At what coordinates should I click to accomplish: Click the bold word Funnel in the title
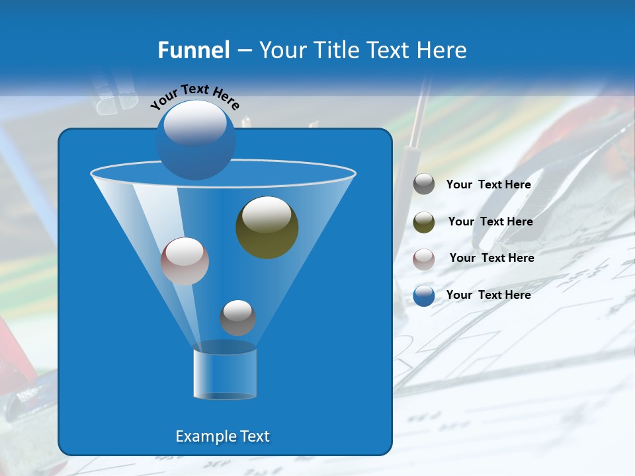coord(193,50)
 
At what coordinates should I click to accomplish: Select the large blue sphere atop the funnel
coord(195,139)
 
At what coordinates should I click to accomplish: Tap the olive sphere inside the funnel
coord(267,227)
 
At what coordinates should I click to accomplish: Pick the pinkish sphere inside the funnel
coord(185,261)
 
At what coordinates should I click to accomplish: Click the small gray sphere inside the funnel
coord(237,317)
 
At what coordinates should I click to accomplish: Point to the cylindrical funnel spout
coord(224,374)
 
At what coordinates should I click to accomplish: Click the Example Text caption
coord(222,436)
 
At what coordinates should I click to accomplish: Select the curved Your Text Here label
coord(195,97)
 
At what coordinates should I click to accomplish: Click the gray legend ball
coord(424,184)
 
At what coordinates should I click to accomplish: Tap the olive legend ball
coord(424,222)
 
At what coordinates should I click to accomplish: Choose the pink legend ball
coord(424,259)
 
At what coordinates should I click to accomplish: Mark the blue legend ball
coord(424,296)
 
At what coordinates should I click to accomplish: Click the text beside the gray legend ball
coord(488,185)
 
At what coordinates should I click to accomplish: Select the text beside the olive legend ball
coord(490,222)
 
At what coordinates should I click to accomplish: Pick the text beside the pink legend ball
coord(491,258)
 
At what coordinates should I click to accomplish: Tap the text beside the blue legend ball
coord(488,295)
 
